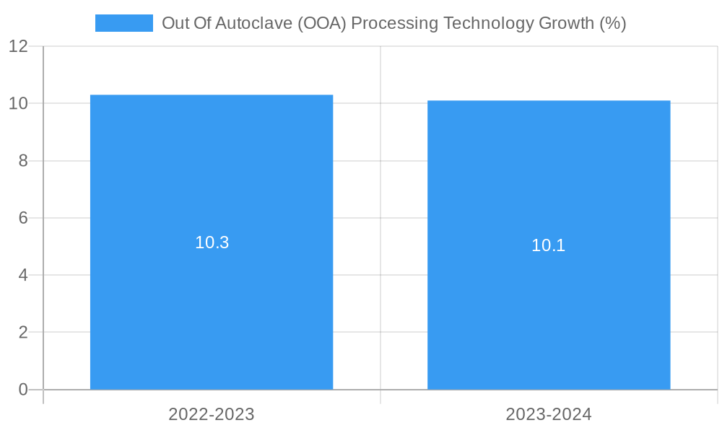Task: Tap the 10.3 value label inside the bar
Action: coord(212,242)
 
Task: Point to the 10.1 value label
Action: coord(549,245)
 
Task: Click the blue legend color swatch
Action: coord(123,23)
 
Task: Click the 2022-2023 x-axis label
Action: coord(212,414)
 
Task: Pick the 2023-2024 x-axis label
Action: coord(549,414)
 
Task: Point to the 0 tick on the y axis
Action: coord(23,390)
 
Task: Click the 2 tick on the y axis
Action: coord(23,333)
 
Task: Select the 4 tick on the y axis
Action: coord(23,275)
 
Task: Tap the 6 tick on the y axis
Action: coord(23,218)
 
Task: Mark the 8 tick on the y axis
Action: coord(23,161)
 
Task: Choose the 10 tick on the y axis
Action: coord(18,103)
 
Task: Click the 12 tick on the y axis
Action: coord(18,46)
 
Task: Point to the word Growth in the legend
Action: coord(567,23)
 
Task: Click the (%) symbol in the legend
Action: coord(613,23)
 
